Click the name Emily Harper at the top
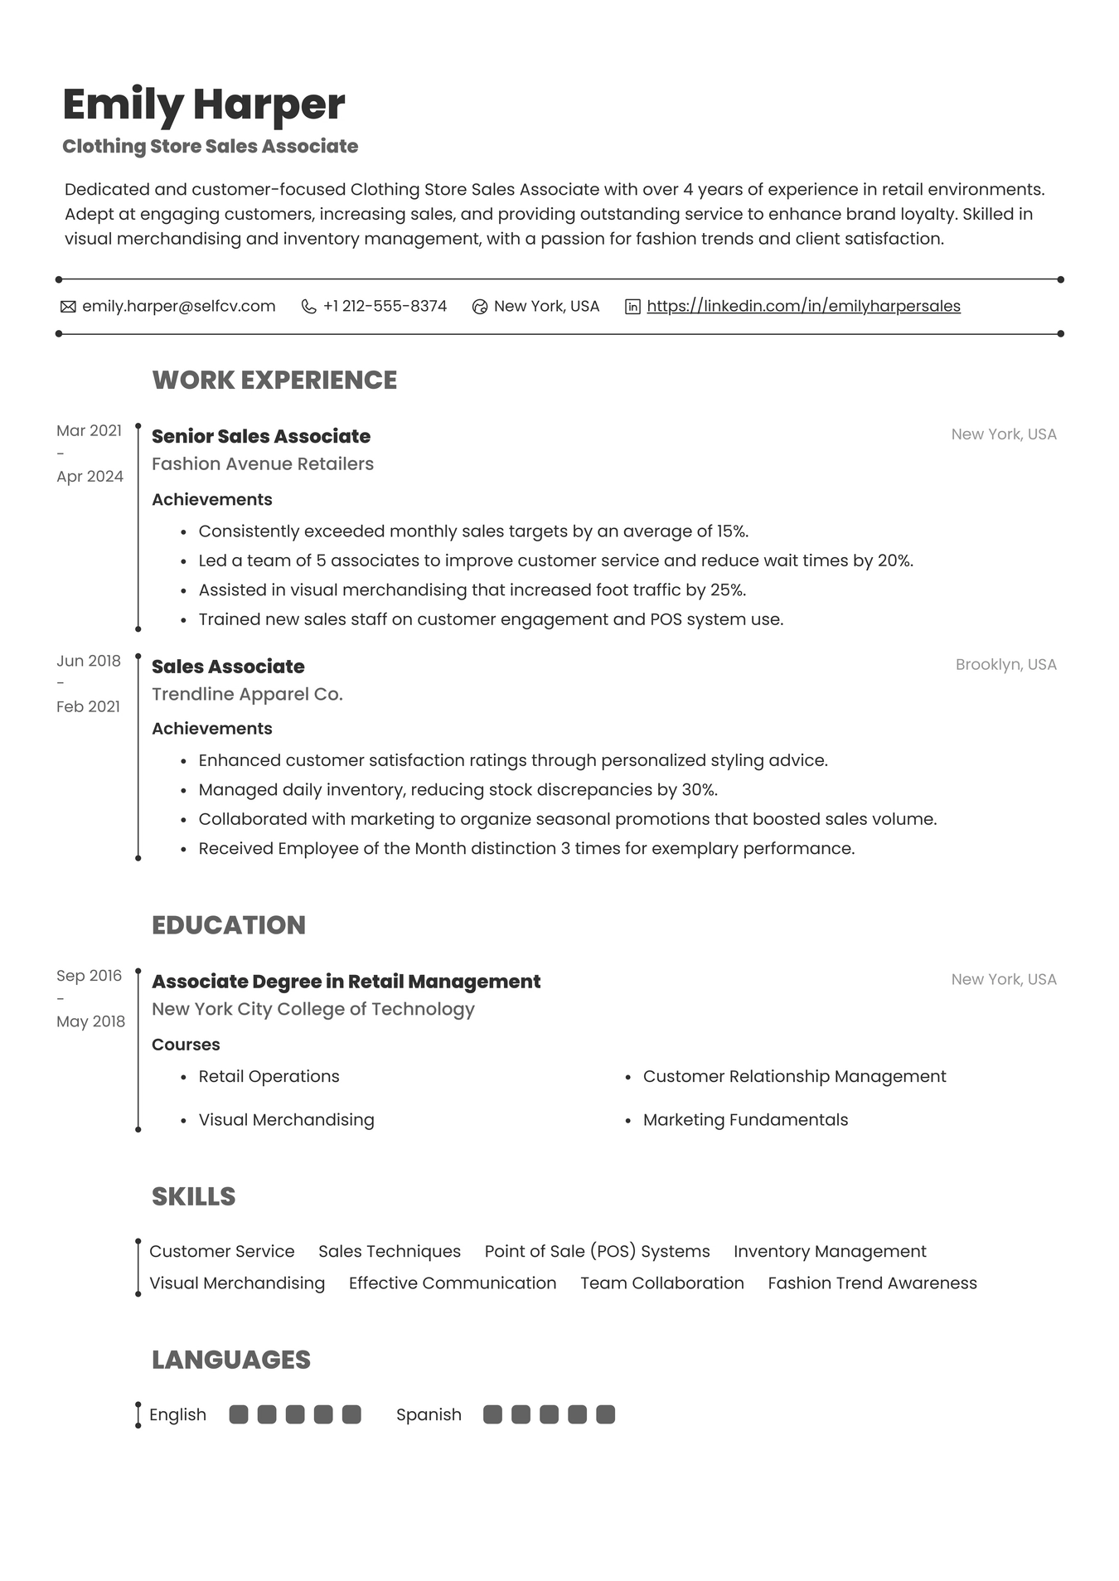[x=203, y=104]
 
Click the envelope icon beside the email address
[x=68, y=307]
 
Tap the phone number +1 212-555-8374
[x=385, y=306]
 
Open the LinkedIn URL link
[x=803, y=306]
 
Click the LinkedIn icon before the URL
[x=632, y=307]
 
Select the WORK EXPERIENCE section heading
[x=274, y=380]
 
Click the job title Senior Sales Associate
[x=261, y=436]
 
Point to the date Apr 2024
[x=90, y=476]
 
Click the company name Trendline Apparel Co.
[x=247, y=694]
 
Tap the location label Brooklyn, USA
[x=1005, y=664]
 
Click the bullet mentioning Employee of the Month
[x=526, y=848]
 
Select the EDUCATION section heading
[x=229, y=924]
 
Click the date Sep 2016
[x=89, y=975]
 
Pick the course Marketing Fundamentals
[x=745, y=1119]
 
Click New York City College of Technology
[x=313, y=1009]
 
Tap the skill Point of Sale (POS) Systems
[x=597, y=1251]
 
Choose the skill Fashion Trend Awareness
[x=872, y=1283]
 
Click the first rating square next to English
[x=239, y=1414]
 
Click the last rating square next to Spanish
[x=605, y=1414]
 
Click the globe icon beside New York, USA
[x=479, y=307]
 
